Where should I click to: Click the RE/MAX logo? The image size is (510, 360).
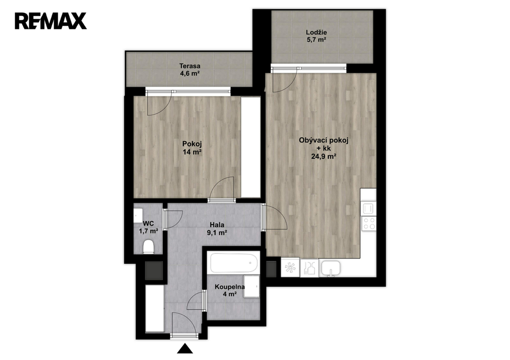point(51,21)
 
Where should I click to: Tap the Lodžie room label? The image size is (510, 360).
point(316,36)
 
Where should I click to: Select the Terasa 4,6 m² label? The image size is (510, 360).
point(190,70)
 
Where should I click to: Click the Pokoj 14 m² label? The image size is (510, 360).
point(192,147)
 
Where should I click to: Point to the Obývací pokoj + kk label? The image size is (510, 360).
point(323,148)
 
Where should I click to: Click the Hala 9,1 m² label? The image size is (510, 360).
point(217,228)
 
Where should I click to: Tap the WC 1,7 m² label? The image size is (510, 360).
point(148,228)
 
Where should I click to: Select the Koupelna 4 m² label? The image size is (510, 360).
point(229,290)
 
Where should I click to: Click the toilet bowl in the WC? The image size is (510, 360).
point(148,246)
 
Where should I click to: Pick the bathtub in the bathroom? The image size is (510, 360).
point(234,263)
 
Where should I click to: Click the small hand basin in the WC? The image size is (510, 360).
point(137,215)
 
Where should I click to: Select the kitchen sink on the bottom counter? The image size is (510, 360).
point(331,268)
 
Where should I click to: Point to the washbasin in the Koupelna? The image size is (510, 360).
point(252,286)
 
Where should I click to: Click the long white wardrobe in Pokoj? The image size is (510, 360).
point(251,147)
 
